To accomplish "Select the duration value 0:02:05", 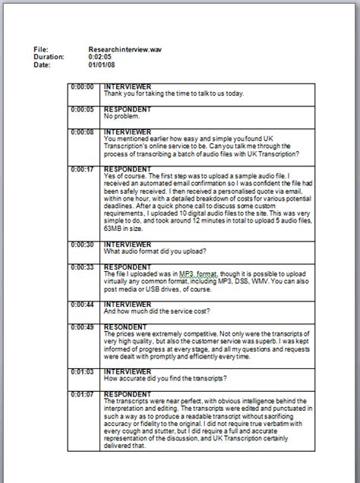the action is (x=101, y=56).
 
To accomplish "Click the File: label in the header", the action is (x=41, y=49).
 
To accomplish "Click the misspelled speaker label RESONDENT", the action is (x=126, y=326).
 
